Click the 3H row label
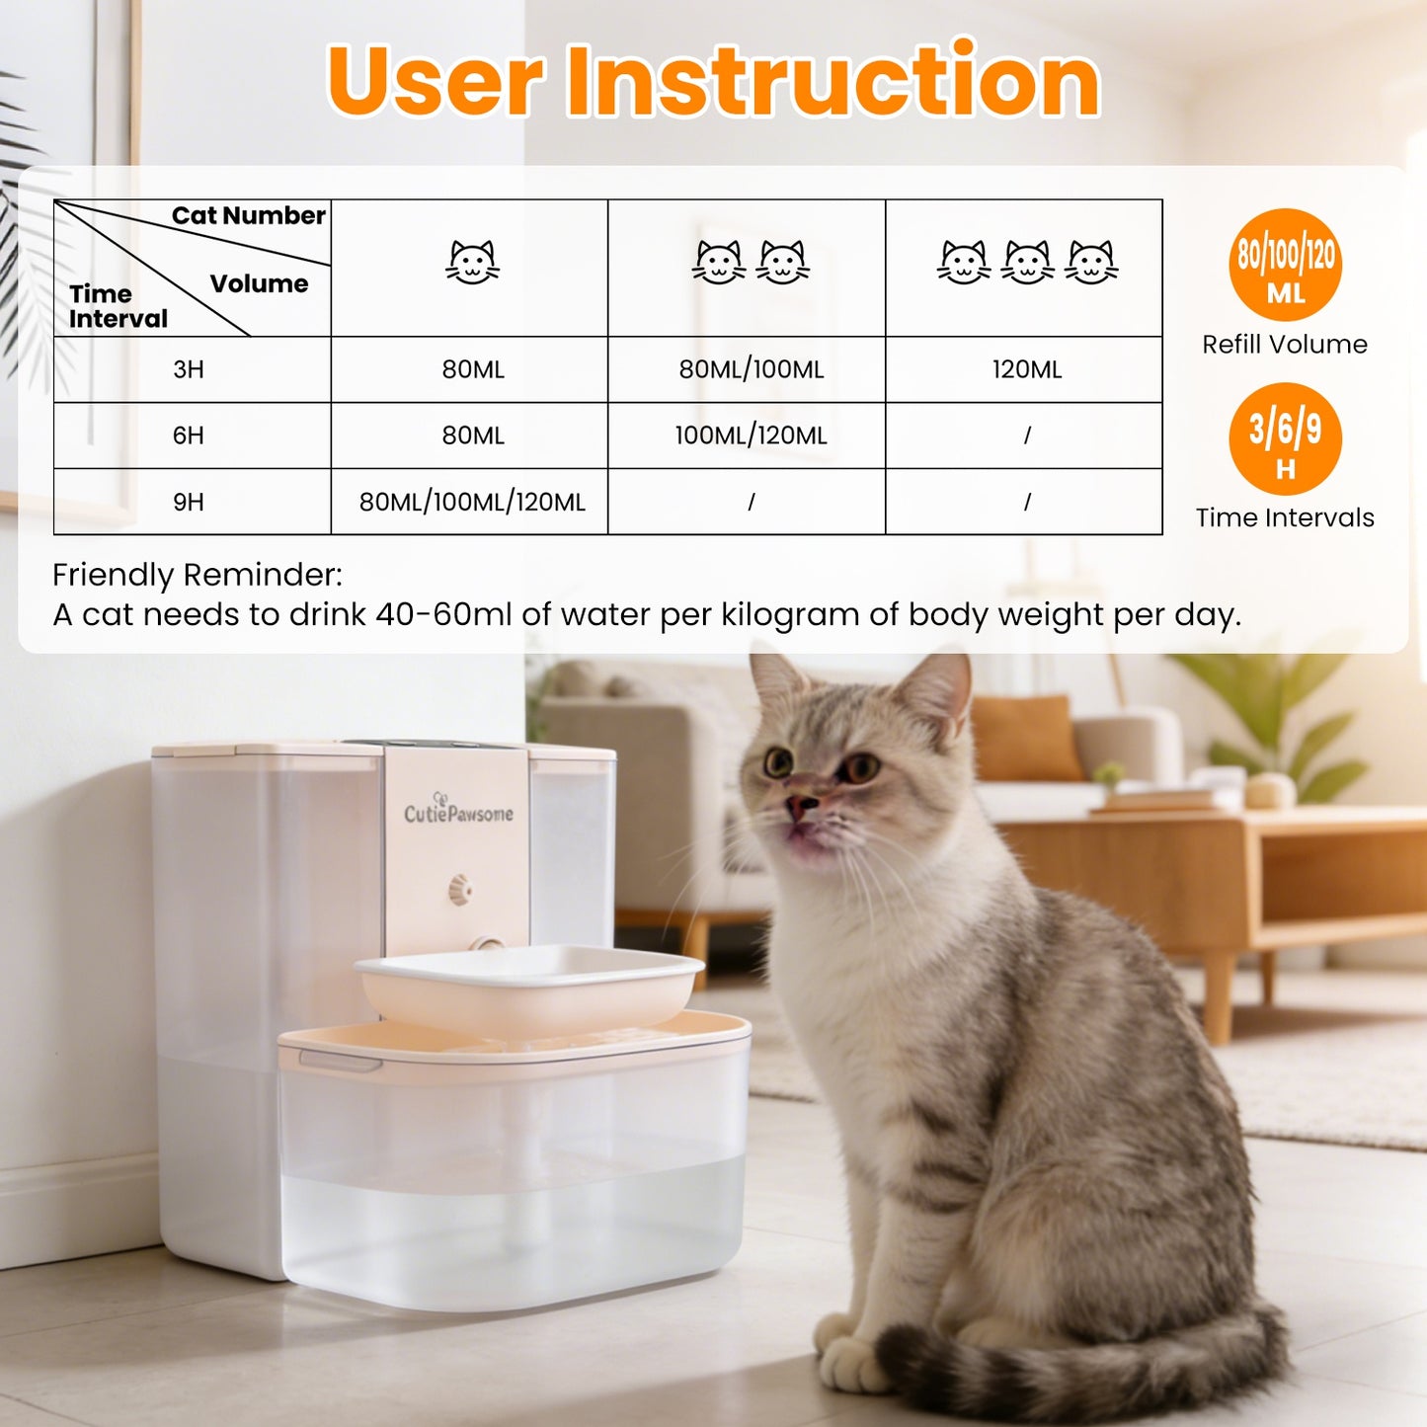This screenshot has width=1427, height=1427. (x=189, y=369)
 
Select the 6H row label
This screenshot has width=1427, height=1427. (x=189, y=436)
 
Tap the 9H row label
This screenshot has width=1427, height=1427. (x=189, y=502)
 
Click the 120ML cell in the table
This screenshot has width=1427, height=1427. (x=1027, y=369)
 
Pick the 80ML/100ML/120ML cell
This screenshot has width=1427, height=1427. (x=472, y=502)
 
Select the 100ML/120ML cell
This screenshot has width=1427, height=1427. (x=751, y=436)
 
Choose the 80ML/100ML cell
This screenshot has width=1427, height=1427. (x=751, y=369)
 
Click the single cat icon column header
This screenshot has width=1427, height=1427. (x=472, y=263)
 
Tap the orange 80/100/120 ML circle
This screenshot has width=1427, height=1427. (x=1285, y=265)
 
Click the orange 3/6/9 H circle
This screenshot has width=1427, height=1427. (x=1285, y=438)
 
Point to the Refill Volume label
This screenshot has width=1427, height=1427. (x=1285, y=344)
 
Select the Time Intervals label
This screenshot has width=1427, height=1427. (x=1285, y=517)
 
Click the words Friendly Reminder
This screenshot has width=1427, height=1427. (x=198, y=575)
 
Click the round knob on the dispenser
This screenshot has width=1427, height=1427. (x=460, y=889)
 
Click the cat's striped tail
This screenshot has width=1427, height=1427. (x=1076, y=1368)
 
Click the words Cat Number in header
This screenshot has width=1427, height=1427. (x=248, y=215)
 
